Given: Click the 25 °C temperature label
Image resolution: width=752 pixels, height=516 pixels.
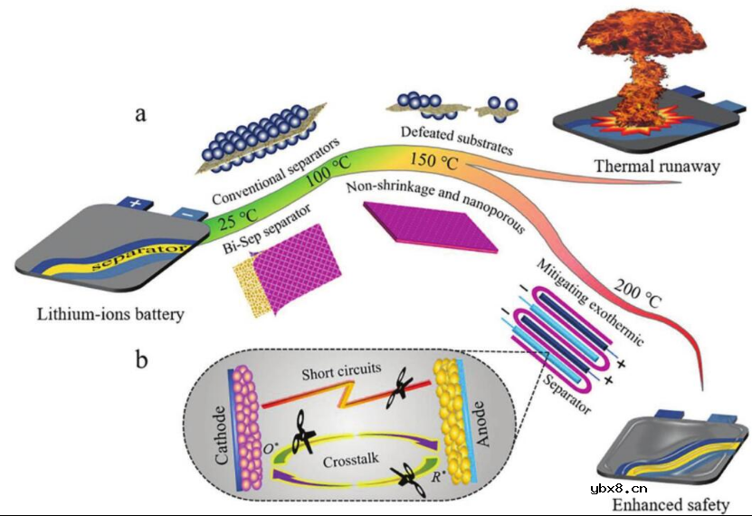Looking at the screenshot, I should pyautogui.click(x=233, y=219).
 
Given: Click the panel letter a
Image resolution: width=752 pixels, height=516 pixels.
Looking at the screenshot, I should pyautogui.click(x=140, y=115).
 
